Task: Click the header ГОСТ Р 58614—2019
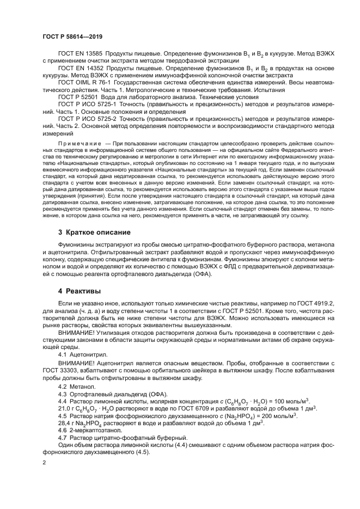[72, 36]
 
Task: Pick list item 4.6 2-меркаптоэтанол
[84, 431]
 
